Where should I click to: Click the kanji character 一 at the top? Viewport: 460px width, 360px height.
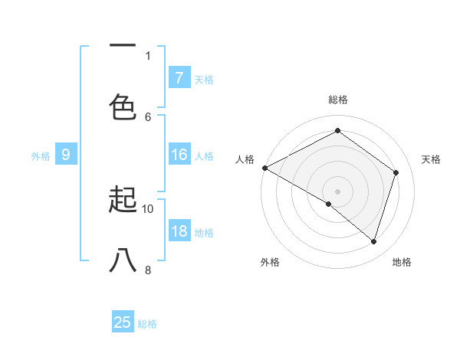pyautogui.click(x=123, y=45)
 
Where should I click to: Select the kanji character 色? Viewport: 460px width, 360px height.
pyautogui.click(x=123, y=106)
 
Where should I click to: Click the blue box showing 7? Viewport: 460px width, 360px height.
pyautogui.click(x=179, y=77)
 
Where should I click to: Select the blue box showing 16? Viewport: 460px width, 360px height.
pyautogui.click(x=179, y=155)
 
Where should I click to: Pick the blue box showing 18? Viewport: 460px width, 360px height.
pyautogui.click(x=179, y=232)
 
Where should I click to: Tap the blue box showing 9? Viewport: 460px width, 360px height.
pyautogui.click(x=66, y=155)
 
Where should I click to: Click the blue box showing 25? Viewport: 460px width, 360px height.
pyautogui.click(x=122, y=322)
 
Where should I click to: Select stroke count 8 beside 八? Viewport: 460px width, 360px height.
pyautogui.click(x=148, y=270)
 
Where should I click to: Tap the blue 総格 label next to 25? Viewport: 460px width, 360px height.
pyautogui.click(x=147, y=324)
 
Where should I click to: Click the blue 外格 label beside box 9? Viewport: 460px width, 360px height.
pyautogui.click(x=41, y=156)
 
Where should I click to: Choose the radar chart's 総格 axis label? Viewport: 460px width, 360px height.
pyautogui.click(x=338, y=100)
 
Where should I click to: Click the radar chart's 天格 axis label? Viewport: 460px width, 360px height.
pyautogui.click(x=431, y=159)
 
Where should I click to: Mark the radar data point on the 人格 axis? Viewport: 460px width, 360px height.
pyautogui.click(x=264, y=168)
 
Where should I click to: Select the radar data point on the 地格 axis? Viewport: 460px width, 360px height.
pyautogui.click(x=373, y=241)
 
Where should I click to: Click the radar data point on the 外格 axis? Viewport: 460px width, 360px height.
pyautogui.click(x=329, y=204)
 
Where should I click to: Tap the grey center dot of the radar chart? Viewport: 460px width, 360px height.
pyautogui.click(x=337, y=191)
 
